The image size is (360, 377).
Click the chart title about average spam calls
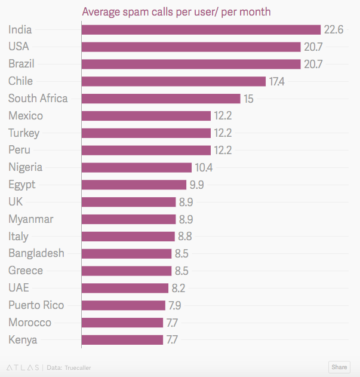tap(176, 12)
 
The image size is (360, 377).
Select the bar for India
tap(201, 29)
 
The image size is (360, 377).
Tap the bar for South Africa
tap(161, 99)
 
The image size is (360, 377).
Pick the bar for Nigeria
tap(136, 167)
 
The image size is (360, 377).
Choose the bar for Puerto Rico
tap(123, 305)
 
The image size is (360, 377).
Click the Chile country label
tap(21, 81)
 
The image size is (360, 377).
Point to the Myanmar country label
tap(30, 219)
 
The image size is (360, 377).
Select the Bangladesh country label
tap(36, 253)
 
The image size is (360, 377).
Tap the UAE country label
tap(19, 288)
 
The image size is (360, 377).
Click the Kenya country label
tap(23, 340)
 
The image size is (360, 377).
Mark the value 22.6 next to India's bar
tap(334, 30)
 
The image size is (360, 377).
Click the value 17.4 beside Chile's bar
tap(277, 81)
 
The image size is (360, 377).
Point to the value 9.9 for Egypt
tap(198, 185)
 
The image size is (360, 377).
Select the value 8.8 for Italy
tap(184, 237)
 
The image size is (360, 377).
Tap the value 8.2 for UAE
tap(179, 288)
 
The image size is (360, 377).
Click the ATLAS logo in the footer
tap(23, 367)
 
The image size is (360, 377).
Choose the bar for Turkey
tap(146, 133)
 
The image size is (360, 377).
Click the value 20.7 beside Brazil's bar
tap(313, 64)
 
